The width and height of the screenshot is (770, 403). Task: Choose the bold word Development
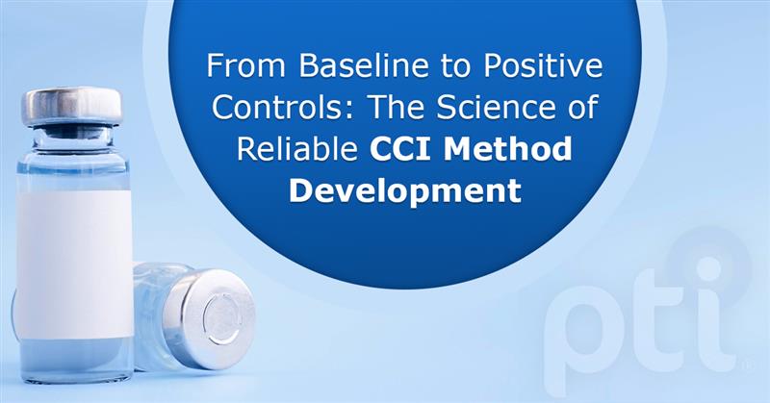405,189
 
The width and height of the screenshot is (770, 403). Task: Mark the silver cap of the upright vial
73,107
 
